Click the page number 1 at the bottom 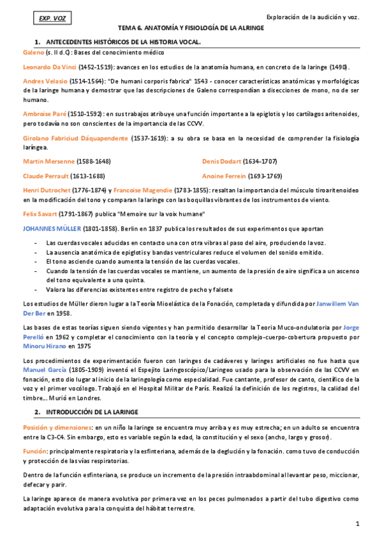pyautogui.click(x=358, y=523)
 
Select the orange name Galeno pyautogui.click(x=33, y=52)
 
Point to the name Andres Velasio pyautogui.click(x=45, y=82)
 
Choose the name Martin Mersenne pyautogui.click(x=49, y=162)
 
